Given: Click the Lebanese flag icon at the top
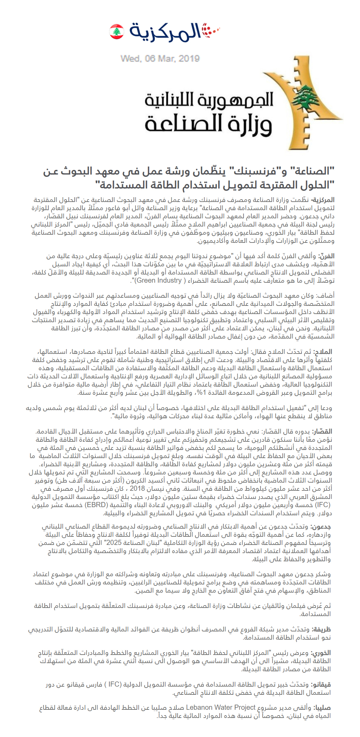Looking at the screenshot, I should (x=116, y=31).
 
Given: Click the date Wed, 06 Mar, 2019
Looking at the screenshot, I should (x=160, y=59).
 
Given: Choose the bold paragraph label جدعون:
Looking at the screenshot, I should (x=321, y=527).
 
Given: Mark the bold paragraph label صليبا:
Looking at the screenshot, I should (x=322, y=707).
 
